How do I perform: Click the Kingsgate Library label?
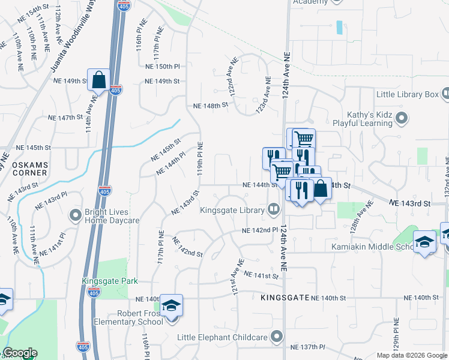tap(232, 210)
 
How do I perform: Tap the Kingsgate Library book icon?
tap(274, 209)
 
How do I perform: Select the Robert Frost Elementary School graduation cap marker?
tap(172, 306)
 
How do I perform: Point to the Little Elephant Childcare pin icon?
tap(277, 337)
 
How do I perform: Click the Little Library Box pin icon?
tap(445, 94)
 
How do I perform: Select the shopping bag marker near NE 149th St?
tap(99, 80)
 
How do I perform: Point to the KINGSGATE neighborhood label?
tap(285, 298)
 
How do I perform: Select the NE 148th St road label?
tap(211, 105)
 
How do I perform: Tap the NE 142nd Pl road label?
tap(260, 230)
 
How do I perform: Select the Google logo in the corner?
tap(19, 353)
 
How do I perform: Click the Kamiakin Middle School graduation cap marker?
tap(424, 242)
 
